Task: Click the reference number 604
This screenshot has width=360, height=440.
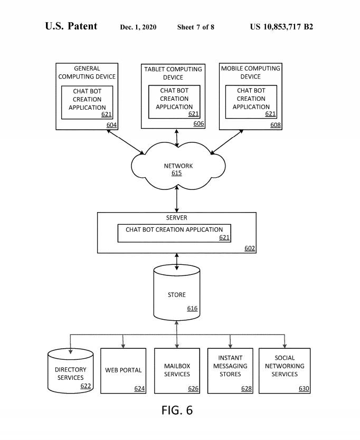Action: tap(111, 125)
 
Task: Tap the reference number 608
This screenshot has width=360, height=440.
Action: tap(276, 125)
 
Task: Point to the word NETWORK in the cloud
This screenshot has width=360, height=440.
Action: tap(178, 166)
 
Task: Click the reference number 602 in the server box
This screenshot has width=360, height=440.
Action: tap(250, 248)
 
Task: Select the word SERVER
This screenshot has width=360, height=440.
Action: tap(176, 217)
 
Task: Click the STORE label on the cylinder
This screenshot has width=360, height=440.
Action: tap(176, 295)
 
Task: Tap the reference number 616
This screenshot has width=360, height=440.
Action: tap(192, 308)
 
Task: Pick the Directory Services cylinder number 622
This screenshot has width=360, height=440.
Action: tap(86, 386)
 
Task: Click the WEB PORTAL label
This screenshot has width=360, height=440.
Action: tap(123, 370)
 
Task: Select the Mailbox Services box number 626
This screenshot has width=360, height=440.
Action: tap(193, 389)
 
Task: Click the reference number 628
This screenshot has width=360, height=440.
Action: tap(247, 389)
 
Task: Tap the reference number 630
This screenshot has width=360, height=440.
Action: tap(304, 389)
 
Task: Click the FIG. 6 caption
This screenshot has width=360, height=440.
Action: tap(177, 410)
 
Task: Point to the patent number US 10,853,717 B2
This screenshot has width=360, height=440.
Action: tap(281, 27)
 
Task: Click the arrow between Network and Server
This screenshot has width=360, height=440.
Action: tap(177, 201)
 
